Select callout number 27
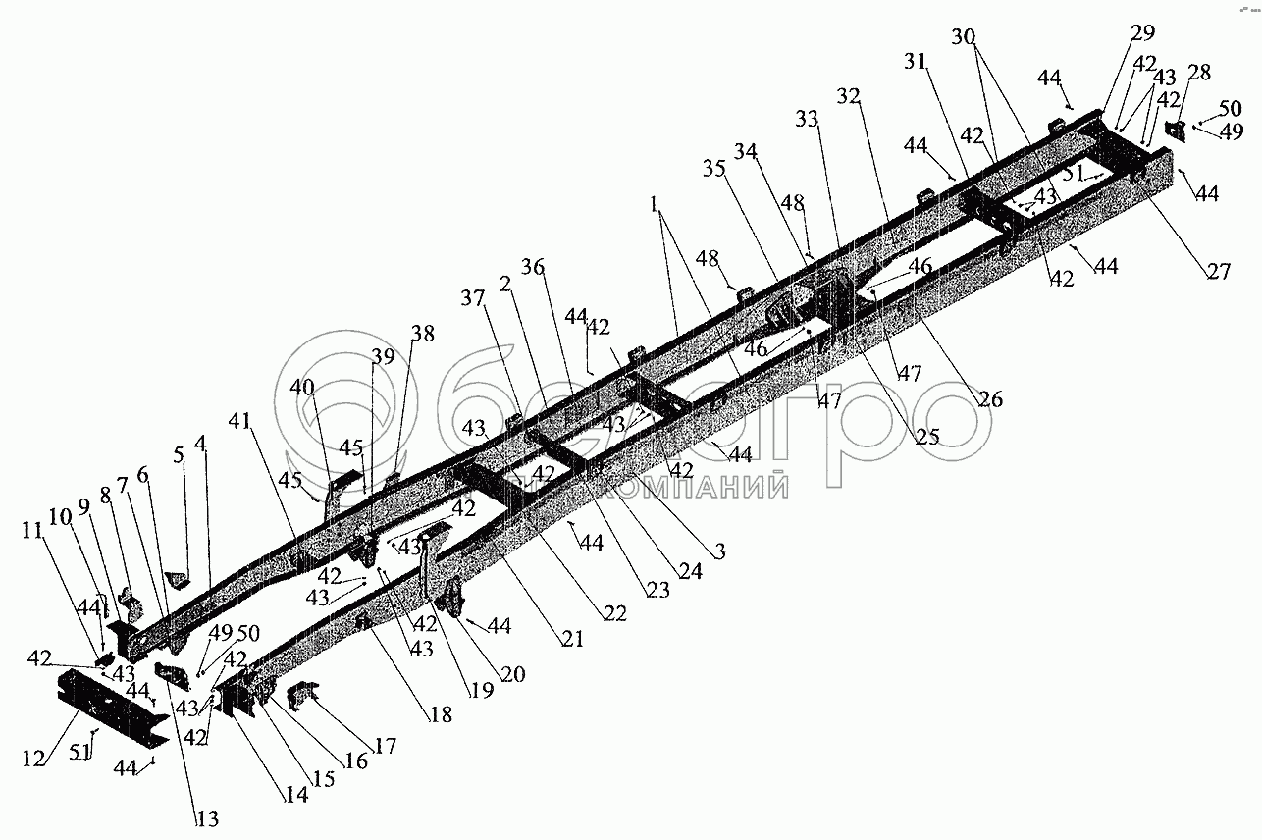[1218, 272]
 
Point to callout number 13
[207, 819]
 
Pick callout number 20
[513, 674]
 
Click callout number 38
[422, 334]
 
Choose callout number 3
[719, 551]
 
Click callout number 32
[848, 96]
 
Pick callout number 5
[178, 454]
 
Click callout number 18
[441, 714]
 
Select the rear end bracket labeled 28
[1174, 131]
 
